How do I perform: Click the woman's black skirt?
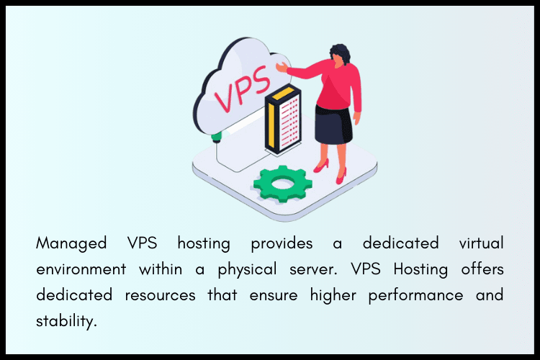(x=333, y=127)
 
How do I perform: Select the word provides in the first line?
(x=282, y=243)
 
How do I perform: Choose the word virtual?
(x=477, y=243)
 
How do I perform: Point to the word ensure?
(x=266, y=296)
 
